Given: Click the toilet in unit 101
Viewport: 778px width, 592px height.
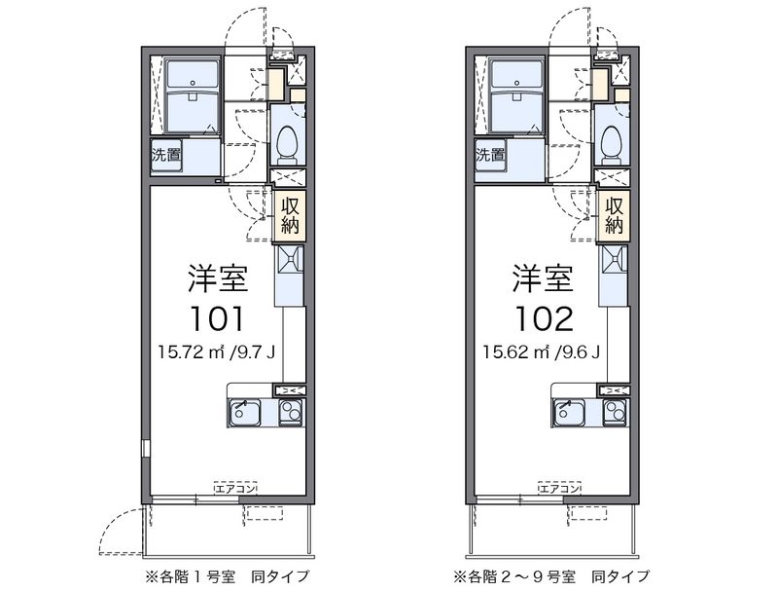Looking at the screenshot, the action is pos(287,144).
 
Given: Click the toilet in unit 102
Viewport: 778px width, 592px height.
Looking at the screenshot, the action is pos(612,144).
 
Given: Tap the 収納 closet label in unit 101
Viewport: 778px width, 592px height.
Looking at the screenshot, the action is pos(290,215).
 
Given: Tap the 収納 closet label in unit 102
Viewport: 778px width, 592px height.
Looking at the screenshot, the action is pos(615,215).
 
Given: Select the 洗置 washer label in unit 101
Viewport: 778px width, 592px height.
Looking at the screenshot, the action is pos(166,155).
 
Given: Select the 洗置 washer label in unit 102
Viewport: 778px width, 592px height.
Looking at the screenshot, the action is pos(490,155).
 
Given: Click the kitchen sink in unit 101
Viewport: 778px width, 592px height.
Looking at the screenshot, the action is pos(245,412).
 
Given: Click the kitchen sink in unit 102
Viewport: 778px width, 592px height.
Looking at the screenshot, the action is pos(569,412).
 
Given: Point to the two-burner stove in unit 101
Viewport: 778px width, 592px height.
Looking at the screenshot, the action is pos(291,412).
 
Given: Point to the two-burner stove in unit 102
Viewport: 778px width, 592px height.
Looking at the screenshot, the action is pos(616,412).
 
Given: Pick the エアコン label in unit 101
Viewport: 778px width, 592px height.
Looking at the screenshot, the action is pos(235,489).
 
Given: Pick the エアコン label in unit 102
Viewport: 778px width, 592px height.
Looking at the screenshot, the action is pos(560,489).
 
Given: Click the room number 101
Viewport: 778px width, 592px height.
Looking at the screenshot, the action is pos(218,318).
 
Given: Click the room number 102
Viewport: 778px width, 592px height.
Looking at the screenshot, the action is pos(545,318).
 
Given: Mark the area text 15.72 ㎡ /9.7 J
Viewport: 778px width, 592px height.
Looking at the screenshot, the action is pos(217,352).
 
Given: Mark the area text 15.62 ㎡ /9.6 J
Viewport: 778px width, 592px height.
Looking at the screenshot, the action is pos(542,352).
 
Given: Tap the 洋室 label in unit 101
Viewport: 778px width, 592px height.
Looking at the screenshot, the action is pos(218,278).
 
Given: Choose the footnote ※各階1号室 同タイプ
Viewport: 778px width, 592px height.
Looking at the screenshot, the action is pos(227,576).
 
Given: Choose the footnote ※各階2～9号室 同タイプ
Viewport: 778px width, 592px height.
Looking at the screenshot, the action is pos(550,576).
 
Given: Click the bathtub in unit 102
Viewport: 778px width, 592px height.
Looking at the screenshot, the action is pos(516,96).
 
